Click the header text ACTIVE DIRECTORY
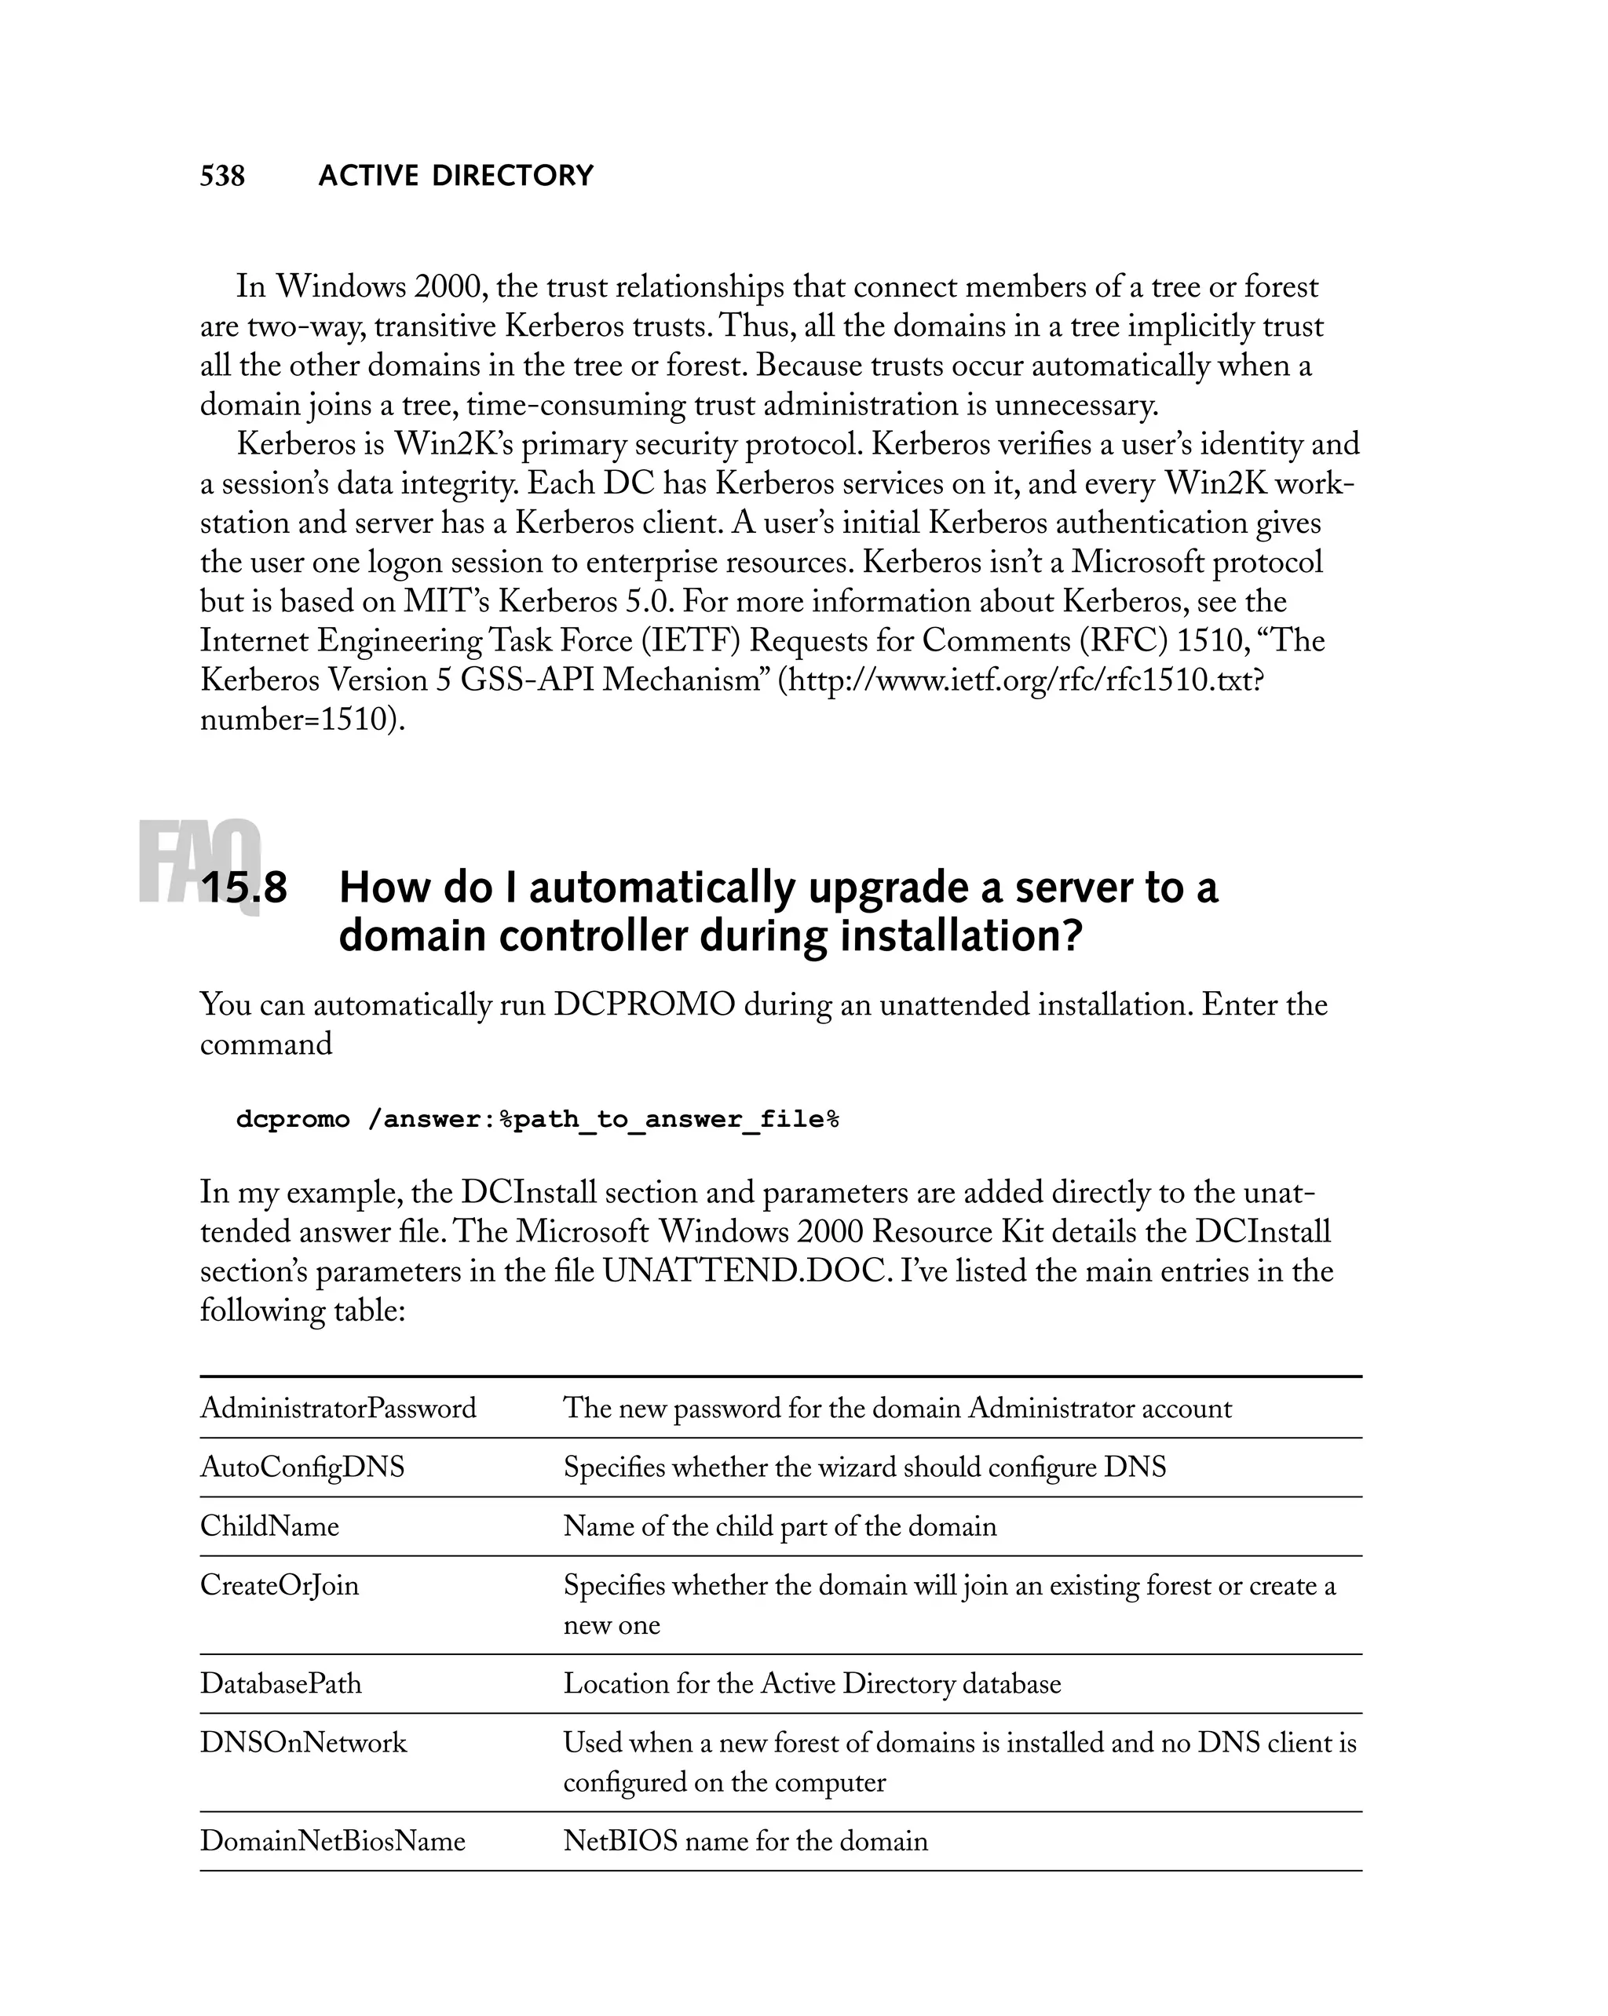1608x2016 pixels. click(x=455, y=176)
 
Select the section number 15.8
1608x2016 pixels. click(x=244, y=888)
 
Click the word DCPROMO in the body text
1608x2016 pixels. click(x=645, y=1004)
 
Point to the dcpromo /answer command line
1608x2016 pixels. click(x=537, y=1119)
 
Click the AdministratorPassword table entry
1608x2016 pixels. click(x=338, y=1408)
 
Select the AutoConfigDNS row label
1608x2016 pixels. click(x=302, y=1467)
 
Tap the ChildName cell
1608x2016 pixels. click(x=269, y=1526)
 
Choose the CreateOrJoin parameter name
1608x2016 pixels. click(x=279, y=1585)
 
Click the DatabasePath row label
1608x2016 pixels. click(x=280, y=1683)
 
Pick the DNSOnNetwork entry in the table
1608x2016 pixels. click(x=303, y=1743)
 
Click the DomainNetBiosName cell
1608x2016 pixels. click(x=332, y=1841)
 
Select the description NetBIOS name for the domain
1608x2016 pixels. click(x=746, y=1841)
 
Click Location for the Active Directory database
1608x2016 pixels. click(x=812, y=1683)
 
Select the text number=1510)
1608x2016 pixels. click(x=302, y=719)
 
